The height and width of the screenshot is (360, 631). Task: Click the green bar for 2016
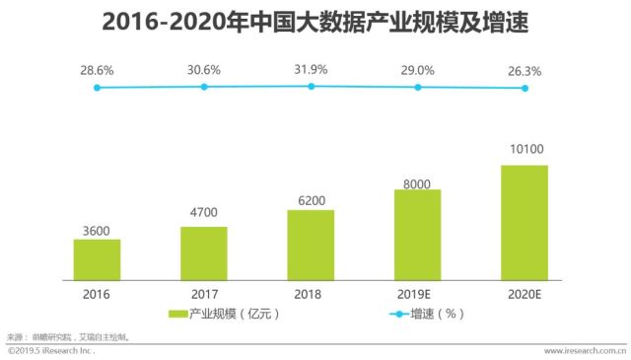(97, 259)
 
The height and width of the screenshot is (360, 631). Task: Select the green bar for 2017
(204, 253)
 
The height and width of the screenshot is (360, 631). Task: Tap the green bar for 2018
(311, 245)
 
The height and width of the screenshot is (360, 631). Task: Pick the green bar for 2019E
(418, 235)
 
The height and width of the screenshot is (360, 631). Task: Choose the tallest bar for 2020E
(525, 223)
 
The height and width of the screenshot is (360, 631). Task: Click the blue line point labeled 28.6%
(97, 88)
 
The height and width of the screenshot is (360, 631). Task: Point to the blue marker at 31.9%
(312, 86)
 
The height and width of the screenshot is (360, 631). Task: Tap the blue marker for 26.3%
(525, 88)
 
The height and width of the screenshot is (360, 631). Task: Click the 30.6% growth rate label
(204, 70)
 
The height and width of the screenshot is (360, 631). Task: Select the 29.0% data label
(417, 70)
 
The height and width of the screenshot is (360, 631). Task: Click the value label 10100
(526, 149)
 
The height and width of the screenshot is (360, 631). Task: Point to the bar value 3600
(97, 231)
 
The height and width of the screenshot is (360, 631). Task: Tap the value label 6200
(312, 200)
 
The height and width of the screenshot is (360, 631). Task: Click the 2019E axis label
(414, 294)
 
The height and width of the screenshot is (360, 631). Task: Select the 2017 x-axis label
(204, 294)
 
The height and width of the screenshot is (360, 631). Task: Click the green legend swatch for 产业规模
(177, 314)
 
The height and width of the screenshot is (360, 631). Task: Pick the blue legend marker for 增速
(399, 314)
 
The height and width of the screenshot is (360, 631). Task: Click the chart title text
(315, 22)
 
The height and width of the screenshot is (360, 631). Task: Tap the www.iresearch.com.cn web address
(585, 351)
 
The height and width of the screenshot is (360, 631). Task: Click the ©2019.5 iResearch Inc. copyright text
(51, 351)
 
